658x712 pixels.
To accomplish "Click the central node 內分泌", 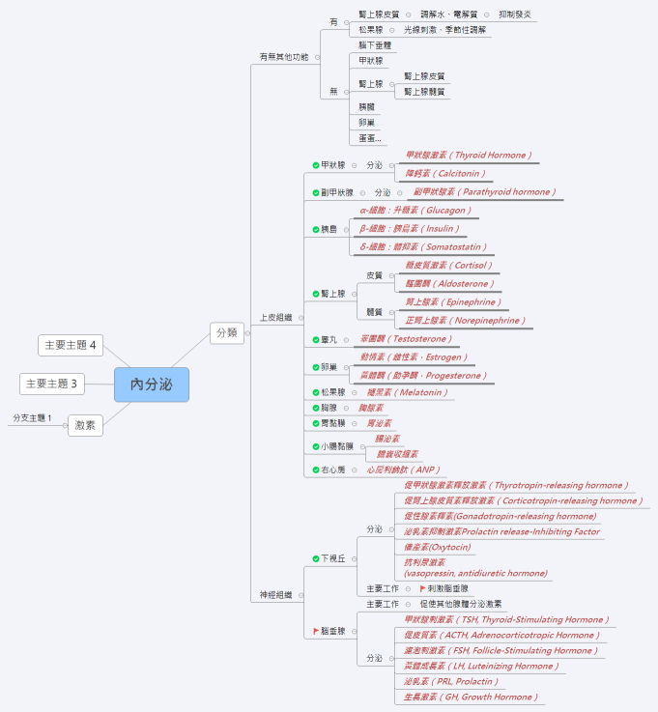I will pyautogui.click(x=151, y=384).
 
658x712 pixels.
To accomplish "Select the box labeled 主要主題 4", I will pyautogui.click(x=72, y=345).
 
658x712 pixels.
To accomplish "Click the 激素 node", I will pyautogui.click(x=84, y=425).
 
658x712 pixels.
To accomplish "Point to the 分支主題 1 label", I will pyautogui.click(x=32, y=418).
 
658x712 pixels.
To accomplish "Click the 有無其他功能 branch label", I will pyautogui.click(x=284, y=57).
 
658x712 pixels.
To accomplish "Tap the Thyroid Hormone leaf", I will pyautogui.click(x=468, y=156).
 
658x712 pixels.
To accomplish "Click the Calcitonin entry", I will pyautogui.click(x=445, y=174).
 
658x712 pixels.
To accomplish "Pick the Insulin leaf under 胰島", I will pyautogui.click(x=409, y=229).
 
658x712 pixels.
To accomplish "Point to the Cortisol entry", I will pyautogui.click(x=448, y=266).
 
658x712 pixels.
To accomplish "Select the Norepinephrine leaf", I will pyautogui.click(x=465, y=321).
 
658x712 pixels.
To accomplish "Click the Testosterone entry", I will pyautogui.click(x=405, y=339).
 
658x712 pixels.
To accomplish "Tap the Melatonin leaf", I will pyautogui.click(x=407, y=392).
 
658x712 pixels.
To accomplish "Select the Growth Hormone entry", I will pyautogui.click(x=469, y=697).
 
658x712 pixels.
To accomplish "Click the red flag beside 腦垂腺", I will pyautogui.click(x=316, y=631).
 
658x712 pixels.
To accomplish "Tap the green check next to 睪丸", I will pyautogui.click(x=316, y=340).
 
